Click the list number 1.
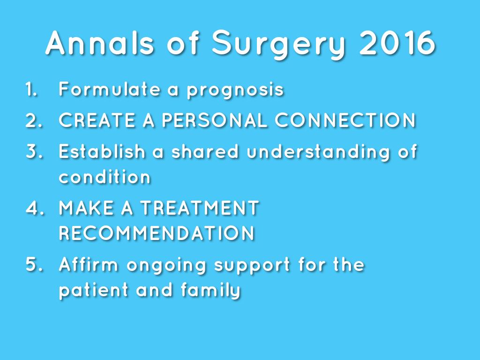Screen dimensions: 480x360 coord(31,89)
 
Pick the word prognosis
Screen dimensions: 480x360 coord(235,90)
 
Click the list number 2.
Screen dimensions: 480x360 coord(34,120)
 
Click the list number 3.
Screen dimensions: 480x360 coord(34,151)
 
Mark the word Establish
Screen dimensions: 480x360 coord(102,151)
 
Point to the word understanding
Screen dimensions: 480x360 coord(318,152)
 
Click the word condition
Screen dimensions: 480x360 coord(105,176)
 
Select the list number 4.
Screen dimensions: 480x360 coord(35,208)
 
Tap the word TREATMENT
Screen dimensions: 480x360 coord(200,208)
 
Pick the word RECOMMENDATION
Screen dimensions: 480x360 coord(157,233)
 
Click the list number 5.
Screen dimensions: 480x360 coord(34,264)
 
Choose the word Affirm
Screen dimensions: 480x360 coord(89,264)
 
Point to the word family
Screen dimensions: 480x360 coord(210,290)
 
